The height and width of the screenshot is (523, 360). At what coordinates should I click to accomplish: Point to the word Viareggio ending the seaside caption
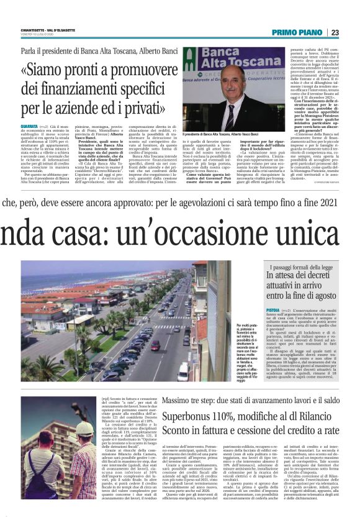pos(245,380)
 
